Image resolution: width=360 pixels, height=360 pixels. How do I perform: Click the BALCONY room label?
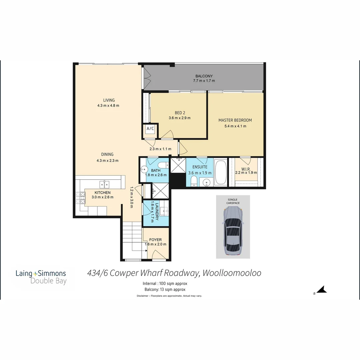point(204,76)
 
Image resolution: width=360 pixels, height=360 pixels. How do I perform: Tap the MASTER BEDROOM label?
point(235,120)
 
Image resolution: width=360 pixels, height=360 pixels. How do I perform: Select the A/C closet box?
point(150,129)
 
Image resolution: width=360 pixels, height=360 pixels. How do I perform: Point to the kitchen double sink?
point(104,184)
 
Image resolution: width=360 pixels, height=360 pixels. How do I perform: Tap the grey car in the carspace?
point(233,230)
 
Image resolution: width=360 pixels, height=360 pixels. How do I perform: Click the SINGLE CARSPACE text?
point(233,201)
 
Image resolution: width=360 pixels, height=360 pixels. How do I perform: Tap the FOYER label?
point(155,240)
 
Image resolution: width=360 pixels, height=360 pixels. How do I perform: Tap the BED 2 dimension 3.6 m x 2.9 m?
point(179,118)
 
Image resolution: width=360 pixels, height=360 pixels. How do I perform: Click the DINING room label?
point(107,154)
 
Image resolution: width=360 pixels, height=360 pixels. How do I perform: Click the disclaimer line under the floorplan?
point(169,296)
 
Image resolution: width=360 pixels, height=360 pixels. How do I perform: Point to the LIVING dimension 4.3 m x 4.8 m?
point(108,106)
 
